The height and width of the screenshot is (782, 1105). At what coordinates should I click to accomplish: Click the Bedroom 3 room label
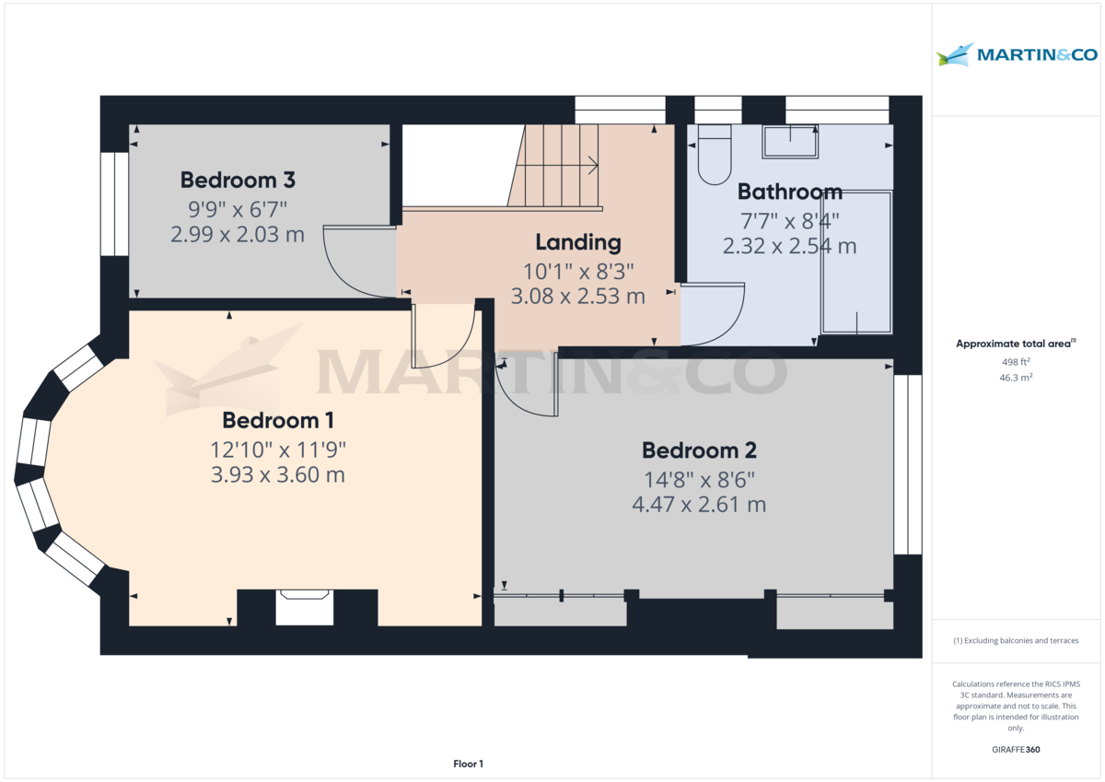[x=237, y=180]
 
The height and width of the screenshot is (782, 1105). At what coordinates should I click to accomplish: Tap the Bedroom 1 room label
[x=277, y=420]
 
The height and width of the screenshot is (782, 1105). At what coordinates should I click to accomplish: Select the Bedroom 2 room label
[x=699, y=450]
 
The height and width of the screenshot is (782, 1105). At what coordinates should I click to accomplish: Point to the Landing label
[x=578, y=242]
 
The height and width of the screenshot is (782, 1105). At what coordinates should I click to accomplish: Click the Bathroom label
[x=789, y=192]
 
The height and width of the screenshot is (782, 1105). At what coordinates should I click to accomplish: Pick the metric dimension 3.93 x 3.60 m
[x=277, y=475]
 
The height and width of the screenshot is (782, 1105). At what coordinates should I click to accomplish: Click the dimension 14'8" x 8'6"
[x=699, y=479]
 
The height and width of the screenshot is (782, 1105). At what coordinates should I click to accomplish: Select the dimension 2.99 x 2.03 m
[x=237, y=234]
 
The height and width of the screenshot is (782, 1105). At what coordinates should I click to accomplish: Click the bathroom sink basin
[x=790, y=142]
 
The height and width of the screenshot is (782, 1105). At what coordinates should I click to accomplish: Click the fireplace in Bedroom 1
[x=304, y=608]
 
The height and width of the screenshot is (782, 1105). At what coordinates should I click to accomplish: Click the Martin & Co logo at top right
[x=1017, y=54]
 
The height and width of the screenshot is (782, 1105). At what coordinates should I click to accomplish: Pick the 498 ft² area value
[x=1016, y=361]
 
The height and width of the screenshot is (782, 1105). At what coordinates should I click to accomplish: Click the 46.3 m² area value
[x=1016, y=378]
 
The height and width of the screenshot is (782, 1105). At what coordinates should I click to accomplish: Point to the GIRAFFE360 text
[x=1016, y=750]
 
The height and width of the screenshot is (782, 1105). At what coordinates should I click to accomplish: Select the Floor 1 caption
[x=468, y=764]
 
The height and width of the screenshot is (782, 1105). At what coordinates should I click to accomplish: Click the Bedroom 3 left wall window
[x=114, y=204]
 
